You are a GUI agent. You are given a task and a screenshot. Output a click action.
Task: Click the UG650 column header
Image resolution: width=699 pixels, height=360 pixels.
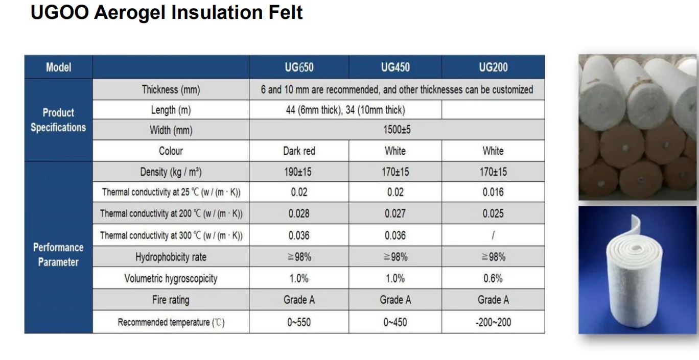coord(299,67)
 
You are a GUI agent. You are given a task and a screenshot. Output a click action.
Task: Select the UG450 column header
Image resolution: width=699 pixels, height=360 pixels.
coord(395,67)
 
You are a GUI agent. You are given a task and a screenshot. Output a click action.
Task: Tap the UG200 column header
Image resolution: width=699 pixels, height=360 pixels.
coord(493,67)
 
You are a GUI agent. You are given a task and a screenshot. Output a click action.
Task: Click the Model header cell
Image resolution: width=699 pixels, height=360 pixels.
coord(58,67)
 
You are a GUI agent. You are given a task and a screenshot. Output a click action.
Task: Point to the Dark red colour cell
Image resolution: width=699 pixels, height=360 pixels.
coord(299,151)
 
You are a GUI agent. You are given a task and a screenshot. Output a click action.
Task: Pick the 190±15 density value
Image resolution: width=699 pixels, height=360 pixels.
coord(299,172)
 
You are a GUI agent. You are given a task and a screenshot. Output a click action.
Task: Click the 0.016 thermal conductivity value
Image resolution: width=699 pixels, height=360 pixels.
coord(493,193)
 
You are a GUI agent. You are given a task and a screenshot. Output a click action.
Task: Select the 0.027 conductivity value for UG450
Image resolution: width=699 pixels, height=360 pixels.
coord(395,213)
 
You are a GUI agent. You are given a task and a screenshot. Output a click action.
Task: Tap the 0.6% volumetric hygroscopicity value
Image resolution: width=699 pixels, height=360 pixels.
coord(493,278)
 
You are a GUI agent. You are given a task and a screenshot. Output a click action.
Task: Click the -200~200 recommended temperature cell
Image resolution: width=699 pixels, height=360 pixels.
coord(493,322)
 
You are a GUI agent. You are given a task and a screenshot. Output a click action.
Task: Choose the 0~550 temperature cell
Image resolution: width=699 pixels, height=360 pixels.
coord(299,322)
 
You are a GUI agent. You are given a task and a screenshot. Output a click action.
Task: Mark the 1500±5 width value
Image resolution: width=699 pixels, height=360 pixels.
coord(397,130)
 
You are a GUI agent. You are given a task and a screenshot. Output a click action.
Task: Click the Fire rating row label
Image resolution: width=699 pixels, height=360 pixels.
coord(171,300)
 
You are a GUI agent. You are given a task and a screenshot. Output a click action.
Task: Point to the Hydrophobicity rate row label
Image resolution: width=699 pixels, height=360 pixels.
coord(171,257)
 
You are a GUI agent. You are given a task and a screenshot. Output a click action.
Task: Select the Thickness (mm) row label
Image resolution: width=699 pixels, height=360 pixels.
coord(171,90)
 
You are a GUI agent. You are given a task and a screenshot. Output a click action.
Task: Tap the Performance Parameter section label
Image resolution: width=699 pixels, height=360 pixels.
coord(58,254)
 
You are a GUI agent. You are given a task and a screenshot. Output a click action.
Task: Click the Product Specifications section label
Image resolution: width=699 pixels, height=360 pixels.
coord(58,120)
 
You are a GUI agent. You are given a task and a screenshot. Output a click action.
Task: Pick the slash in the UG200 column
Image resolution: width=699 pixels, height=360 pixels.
coord(493,235)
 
